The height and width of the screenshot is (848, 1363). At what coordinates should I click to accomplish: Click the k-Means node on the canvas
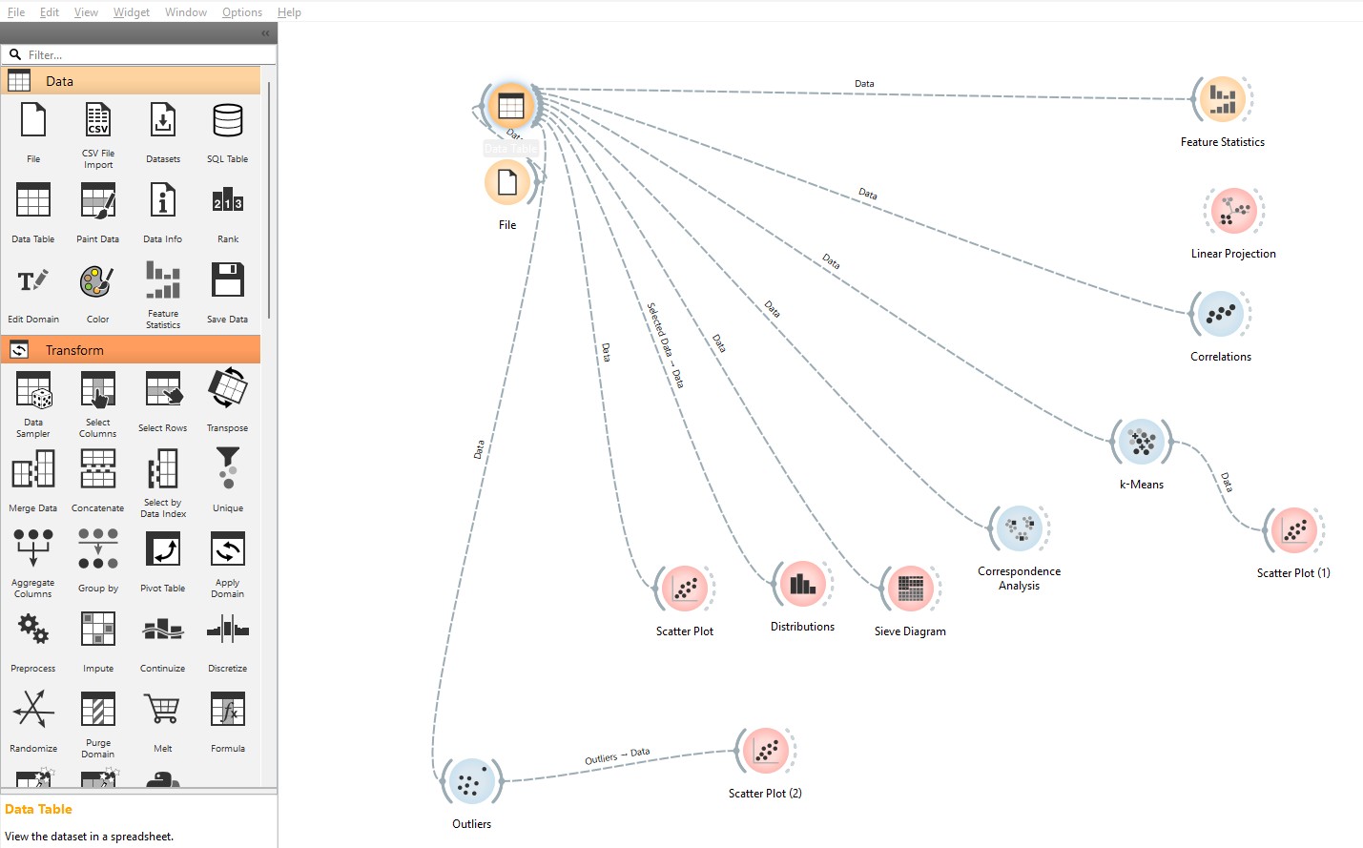[x=1141, y=442]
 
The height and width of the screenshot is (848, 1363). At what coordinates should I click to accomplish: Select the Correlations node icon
[x=1221, y=314]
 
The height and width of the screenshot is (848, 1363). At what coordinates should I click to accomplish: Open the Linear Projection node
[x=1233, y=211]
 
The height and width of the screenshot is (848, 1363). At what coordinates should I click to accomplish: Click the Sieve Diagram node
[x=910, y=589]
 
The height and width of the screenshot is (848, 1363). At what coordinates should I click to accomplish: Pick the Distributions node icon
[x=802, y=584]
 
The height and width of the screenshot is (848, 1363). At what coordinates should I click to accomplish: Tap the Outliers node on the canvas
[x=471, y=782]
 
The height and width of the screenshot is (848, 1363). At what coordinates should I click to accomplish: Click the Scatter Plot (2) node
[x=765, y=752]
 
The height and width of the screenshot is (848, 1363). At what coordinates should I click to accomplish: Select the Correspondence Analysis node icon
[x=1019, y=528]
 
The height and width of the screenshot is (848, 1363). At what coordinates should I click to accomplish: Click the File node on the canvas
[x=507, y=182]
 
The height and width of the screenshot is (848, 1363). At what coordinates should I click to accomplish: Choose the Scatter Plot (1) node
[x=1293, y=530]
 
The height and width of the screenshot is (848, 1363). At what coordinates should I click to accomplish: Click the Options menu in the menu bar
[x=242, y=12]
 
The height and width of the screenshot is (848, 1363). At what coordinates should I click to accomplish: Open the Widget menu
[x=132, y=12]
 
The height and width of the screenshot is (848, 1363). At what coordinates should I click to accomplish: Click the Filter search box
[x=143, y=55]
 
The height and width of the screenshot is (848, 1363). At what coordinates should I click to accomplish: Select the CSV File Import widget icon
[x=98, y=121]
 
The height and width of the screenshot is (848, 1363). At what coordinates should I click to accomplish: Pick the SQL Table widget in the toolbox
[x=228, y=121]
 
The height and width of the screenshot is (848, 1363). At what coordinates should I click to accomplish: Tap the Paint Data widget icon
[x=98, y=201]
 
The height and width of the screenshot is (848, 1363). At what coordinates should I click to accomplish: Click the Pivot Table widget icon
[x=163, y=550]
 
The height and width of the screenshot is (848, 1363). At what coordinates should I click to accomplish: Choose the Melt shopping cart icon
[x=163, y=711]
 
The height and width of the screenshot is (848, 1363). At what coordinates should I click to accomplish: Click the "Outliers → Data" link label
[x=617, y=756]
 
